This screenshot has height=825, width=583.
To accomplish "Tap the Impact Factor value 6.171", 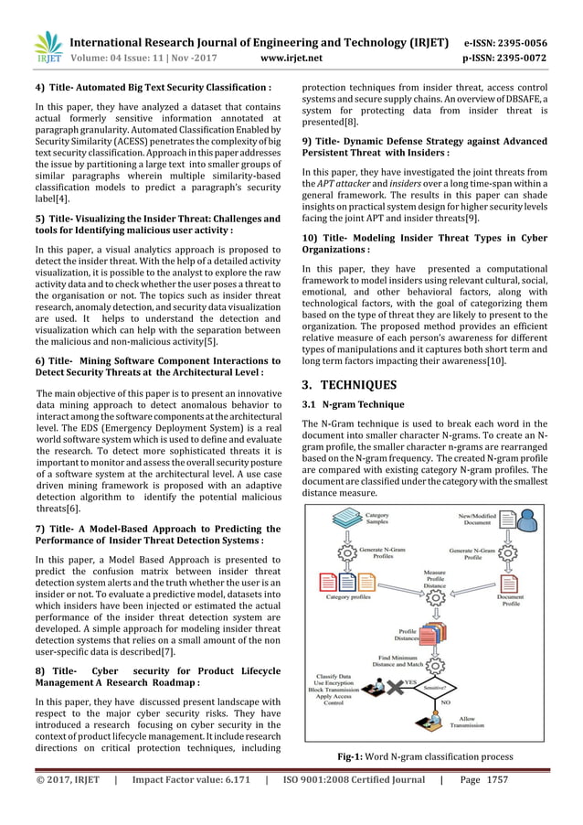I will tap(233, 808).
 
